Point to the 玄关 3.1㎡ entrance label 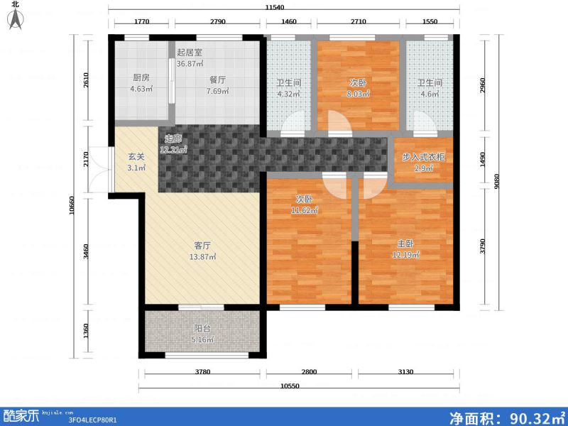(136, 162)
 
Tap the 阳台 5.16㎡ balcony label (202, 334)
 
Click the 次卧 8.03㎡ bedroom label (359, 87)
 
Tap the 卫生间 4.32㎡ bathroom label (289, 87)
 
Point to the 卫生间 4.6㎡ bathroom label (430, 87)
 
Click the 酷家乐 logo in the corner (21, 415)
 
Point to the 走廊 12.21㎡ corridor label (174, 144)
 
